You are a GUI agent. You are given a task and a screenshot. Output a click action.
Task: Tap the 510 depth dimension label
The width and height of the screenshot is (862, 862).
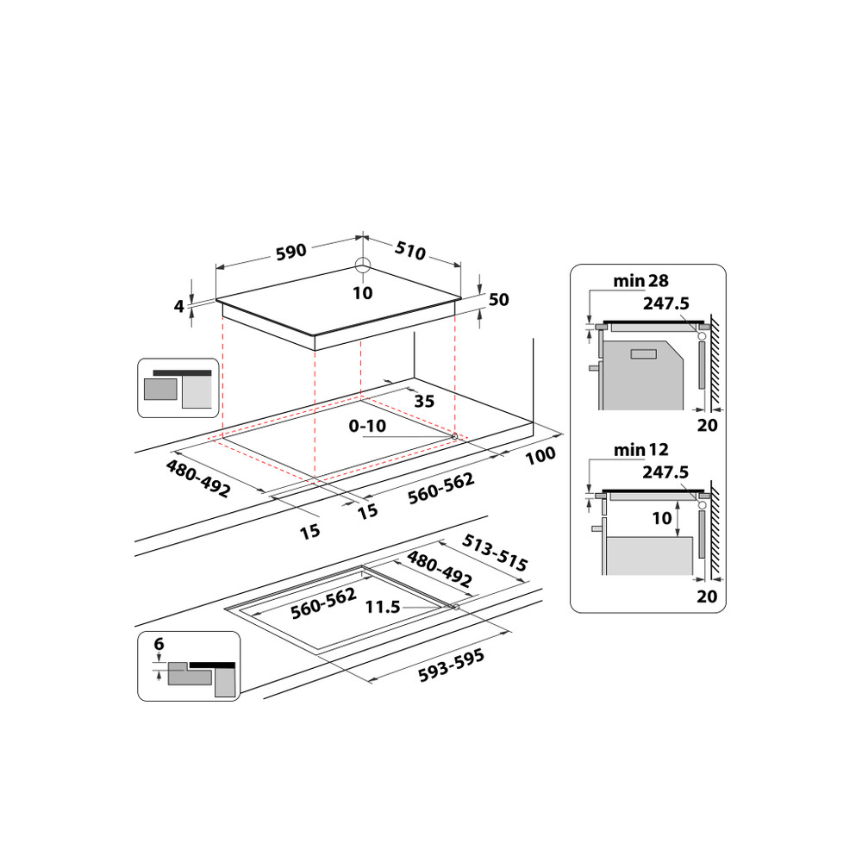(410, 251)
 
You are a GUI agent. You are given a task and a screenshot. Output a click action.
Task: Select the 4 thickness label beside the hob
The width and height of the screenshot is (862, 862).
(179, 305)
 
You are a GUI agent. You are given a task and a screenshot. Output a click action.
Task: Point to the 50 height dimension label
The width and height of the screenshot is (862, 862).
(499, 300)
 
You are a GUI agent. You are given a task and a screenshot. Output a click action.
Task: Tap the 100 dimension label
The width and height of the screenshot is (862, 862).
(540, 455)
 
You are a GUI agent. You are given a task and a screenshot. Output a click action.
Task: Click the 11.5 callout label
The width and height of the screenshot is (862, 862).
(383, 607)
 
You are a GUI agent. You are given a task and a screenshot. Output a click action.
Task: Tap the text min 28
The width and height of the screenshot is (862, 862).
(640, 280)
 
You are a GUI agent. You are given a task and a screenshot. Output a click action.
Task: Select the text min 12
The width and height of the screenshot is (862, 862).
(640, 449)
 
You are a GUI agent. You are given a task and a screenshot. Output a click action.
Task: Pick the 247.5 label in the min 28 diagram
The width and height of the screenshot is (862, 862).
(665, 303)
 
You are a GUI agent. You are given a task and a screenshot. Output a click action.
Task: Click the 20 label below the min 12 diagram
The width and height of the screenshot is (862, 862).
(707, 596)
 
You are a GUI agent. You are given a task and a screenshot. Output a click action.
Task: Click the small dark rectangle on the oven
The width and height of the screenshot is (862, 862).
(643, 353)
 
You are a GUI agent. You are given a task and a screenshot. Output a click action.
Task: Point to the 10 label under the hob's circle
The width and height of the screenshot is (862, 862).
(363, 293)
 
